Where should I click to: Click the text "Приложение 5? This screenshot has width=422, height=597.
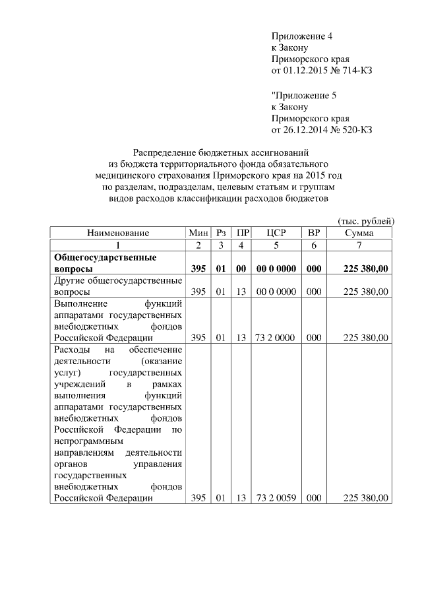[303, 94]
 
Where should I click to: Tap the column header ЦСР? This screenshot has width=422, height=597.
[276, 233]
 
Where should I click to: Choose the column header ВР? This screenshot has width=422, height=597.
[314, 233]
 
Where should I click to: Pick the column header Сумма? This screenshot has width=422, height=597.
[359, 233]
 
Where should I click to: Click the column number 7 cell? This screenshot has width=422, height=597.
[359, 245]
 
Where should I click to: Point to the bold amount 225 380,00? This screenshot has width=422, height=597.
[366, 269]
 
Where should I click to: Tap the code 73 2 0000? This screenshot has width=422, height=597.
[276, 337]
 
